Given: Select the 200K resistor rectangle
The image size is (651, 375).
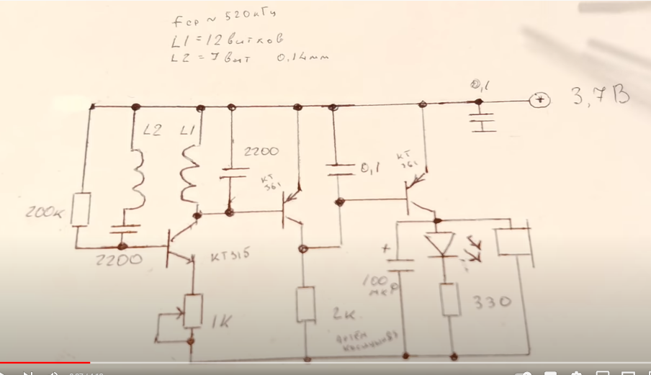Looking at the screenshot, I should pyautogui.click(x=84, y=208).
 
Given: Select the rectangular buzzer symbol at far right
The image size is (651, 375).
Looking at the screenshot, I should pyautogui.click(x=513, y=239).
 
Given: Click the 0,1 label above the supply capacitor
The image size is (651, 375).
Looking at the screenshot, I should pyautogui.click(x=480, y=87).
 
